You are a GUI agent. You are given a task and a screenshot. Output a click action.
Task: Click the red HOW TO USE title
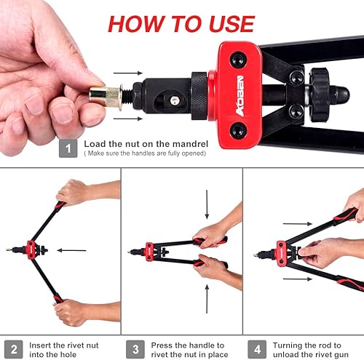(x=181, y=23)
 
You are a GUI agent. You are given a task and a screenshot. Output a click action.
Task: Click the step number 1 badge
(x=68, y=148)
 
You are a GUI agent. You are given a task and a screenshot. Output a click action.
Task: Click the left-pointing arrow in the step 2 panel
(x=71, y=250)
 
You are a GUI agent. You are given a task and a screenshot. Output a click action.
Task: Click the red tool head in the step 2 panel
(x=31, y=249)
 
